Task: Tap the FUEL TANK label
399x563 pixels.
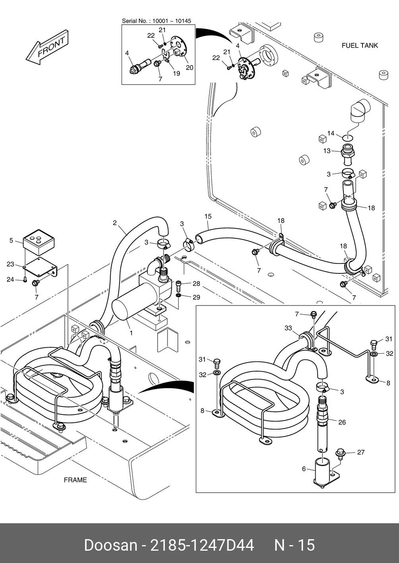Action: point(360,46)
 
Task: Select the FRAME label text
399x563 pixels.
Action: point(75,480)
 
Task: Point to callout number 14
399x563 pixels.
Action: point(331,133)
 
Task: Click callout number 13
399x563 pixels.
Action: point(327,151)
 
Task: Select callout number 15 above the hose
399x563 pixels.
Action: point(208,217)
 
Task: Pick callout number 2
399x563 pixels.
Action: point(115,223)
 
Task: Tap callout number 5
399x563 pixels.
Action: point(11,240)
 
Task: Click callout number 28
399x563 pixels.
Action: point(196,284)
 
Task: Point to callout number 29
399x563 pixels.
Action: point(196,297)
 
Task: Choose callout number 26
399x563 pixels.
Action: point(342,422)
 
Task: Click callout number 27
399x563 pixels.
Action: point(360,452)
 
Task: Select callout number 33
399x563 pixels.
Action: point(288,328)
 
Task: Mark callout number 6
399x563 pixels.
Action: point(304,469)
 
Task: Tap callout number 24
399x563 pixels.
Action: point(10,280)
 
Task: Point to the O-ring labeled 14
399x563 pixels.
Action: point(348,137)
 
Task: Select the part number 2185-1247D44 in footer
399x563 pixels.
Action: point(202,545)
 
